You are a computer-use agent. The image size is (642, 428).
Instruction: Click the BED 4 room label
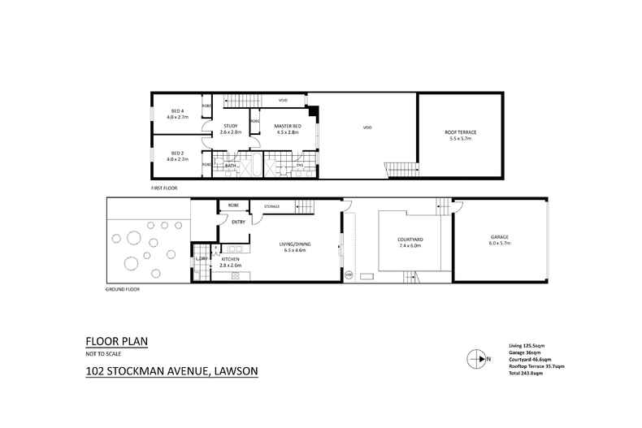[x=177, y=111]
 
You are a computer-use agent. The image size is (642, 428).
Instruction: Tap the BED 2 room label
[x=177, y=152]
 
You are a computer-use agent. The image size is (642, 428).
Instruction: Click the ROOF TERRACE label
[x=461, y=132]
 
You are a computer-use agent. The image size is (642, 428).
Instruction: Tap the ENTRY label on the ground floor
[x=239, y=222]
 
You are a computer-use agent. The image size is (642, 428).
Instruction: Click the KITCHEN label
[x=229, y=260]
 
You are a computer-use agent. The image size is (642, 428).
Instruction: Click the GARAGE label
[x=499, y=237]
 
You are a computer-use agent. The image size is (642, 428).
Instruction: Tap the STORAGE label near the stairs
[x=271, y=207]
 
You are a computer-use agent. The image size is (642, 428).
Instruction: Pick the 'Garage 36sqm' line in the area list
[x=525, y=352]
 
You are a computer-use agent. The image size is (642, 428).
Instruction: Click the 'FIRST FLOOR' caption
[x=164, y=188]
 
